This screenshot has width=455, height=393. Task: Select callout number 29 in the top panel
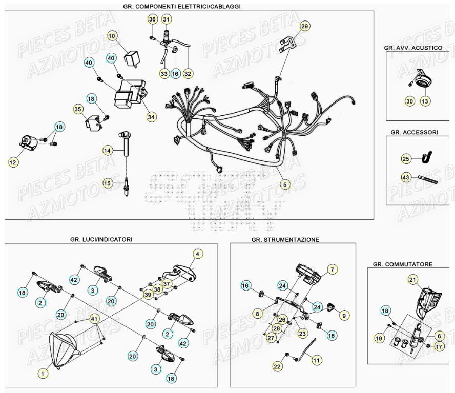[304, 27]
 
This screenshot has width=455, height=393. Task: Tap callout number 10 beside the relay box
[112, 35]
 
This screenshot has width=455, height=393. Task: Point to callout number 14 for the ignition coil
[107, 151]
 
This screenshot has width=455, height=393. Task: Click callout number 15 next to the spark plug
[107, 183]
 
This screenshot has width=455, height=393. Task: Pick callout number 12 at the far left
[13, 162]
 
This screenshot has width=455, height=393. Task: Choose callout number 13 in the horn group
[425, 101]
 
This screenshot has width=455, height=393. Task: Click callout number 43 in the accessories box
[406, 177]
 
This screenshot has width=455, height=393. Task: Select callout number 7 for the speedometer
[332, 269]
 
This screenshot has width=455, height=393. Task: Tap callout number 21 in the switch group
[413, 279]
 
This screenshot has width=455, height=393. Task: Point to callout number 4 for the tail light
[198, 253]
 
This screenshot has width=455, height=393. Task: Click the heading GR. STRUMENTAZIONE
[285, 239]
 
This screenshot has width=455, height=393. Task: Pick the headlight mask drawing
[65, 348]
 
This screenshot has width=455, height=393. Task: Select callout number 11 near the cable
[317, 360]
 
